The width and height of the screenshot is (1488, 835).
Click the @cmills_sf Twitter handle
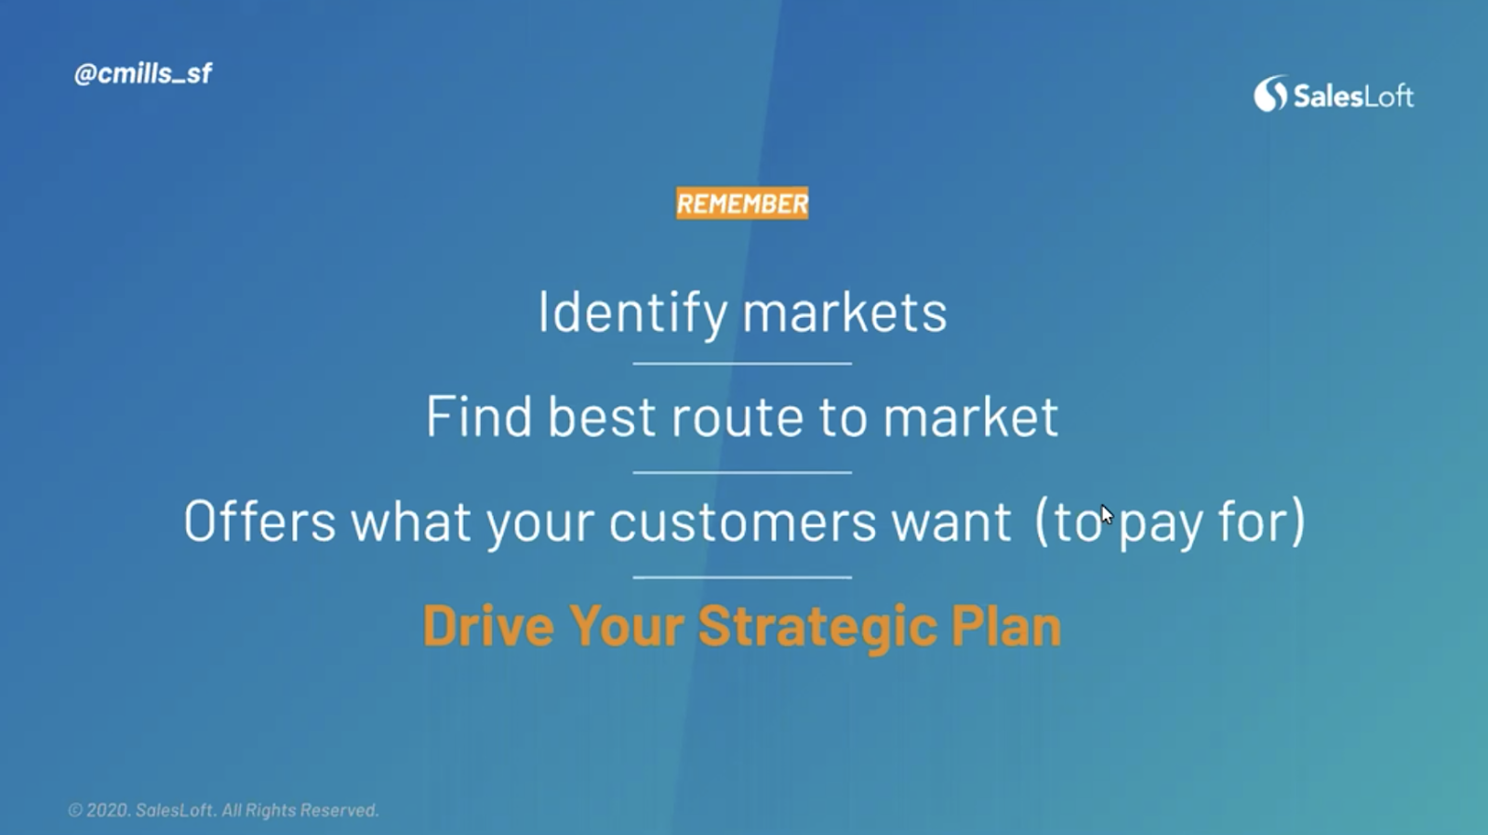[x=143, y=73]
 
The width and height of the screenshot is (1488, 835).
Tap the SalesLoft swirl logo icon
[x=1270, y=94]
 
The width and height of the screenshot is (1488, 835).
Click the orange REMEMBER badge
[x=742, y=204]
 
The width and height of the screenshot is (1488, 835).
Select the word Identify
[x=631, y=312]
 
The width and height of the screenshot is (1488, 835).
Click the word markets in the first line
[x=844, y=312]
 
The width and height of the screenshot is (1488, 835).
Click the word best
[x=602, y=417]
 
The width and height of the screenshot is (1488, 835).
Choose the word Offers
[x=259, y=521]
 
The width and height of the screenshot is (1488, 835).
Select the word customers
[x=743, y=523]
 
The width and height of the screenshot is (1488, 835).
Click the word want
[x=951, y=523]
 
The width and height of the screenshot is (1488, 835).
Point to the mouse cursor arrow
[x=1107, y=515]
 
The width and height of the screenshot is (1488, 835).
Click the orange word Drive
[x=488, y=625]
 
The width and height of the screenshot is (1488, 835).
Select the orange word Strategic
[x=817, y=627]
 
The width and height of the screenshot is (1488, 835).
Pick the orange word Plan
[x=1005, y=625]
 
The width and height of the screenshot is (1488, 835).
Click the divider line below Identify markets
[x=742, y=364]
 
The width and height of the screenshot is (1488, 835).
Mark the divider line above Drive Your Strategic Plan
[x=742, y=577]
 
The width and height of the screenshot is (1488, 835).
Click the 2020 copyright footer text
[x=223, y=811]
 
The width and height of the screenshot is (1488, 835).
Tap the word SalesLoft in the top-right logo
[x=1353, y=97]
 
